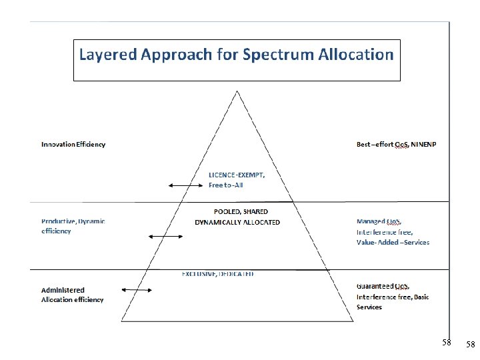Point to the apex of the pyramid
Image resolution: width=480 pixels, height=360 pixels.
[237, 91]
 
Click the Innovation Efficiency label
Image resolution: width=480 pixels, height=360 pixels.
[73, 145]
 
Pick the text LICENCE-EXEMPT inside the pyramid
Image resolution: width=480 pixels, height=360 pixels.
[237, 175]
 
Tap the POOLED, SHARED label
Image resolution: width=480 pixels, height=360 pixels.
[241, 212]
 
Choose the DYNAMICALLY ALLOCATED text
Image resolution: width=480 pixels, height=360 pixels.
[237, 222]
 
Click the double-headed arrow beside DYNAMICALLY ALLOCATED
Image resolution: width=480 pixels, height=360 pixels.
[160, 236]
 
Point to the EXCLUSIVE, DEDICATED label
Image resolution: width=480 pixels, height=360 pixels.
[218, 274]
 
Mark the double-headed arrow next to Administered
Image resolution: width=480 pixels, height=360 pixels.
[137, 290]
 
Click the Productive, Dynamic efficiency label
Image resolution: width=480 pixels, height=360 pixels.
[73, 226]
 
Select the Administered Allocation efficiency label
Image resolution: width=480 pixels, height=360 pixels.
[73, 295]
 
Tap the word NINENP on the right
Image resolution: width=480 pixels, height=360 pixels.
[423, 145]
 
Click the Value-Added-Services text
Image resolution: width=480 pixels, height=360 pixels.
[393, 242]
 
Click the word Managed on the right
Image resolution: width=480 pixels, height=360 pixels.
[371, 221]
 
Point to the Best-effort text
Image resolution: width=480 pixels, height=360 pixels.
[375, 145]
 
